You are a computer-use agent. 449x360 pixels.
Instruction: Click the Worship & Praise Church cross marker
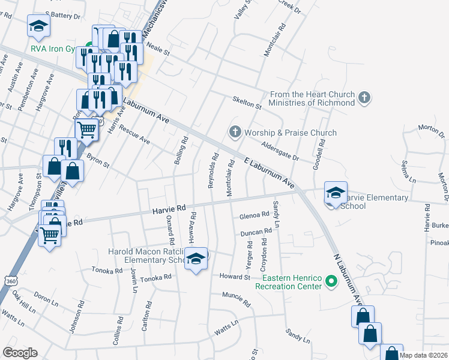(x=235, y=131)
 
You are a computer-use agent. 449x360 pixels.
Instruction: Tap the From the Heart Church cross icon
(x=364, y=98)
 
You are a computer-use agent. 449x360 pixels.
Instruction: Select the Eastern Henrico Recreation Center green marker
(x=331, y=280)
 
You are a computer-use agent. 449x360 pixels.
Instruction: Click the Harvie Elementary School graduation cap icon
(x=336, y=192)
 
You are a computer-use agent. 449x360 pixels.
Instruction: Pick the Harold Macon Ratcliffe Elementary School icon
(x=195, y=258)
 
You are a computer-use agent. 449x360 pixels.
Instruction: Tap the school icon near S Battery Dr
(x=38, y=26)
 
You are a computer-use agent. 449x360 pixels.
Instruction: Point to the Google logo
(x=20, y=353)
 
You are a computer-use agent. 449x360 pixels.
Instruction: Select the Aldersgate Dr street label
(x=279, y=150)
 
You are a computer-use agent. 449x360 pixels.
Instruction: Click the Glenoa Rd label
(x=254, y=215)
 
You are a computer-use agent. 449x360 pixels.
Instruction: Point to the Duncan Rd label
(x=256, y=232)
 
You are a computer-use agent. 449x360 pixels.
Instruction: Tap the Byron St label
(x=98, y=161)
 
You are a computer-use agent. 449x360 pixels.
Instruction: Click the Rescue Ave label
(x=134, y=134)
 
